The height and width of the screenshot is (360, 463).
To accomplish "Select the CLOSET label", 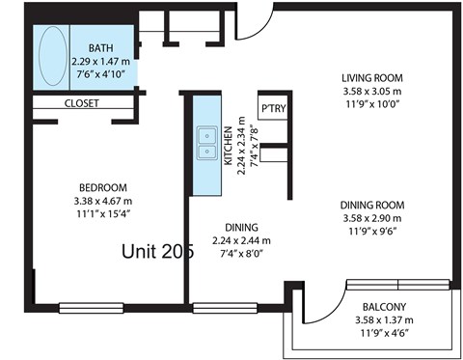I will click(x=82, y=103).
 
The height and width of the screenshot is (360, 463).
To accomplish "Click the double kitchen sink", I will click(x=205, y=143).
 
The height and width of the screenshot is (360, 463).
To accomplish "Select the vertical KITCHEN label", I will click(x=229, y=148).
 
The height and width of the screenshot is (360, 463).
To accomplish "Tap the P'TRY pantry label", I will click(x=272, y=107).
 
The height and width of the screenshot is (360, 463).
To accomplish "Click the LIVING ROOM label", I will click(x=371, y=78).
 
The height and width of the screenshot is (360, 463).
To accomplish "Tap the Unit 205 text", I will click(x=157, y=251).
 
